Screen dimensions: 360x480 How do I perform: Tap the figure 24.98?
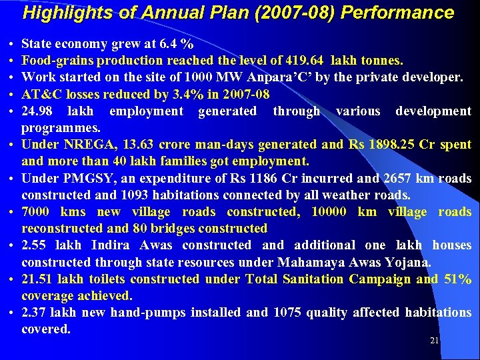click(x=37, y=111)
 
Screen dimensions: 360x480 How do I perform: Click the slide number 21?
click(x=434, y=341)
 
